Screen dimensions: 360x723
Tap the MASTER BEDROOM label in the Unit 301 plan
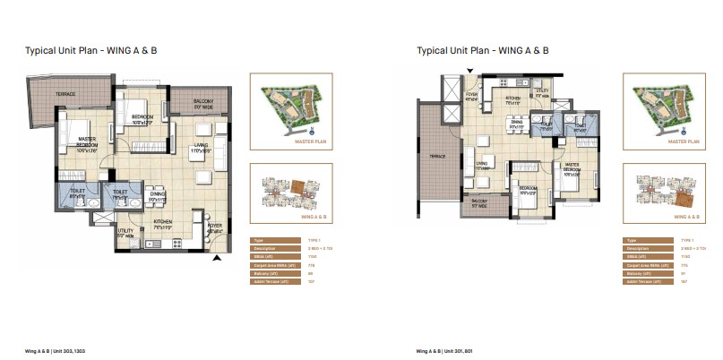569,167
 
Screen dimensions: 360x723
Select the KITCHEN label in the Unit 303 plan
162,222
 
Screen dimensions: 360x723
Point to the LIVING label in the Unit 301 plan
482,165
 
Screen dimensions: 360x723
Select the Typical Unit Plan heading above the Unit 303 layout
92,51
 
